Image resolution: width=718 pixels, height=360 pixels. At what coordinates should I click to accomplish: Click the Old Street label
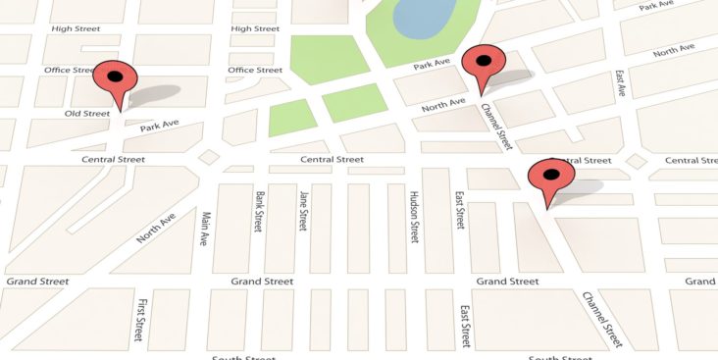(87, 114)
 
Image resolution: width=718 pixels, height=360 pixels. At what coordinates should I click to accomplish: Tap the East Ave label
(620, 83)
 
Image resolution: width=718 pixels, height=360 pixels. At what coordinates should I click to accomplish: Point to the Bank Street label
(259, 211)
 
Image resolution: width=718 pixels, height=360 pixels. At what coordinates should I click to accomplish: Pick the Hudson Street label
(414, 216)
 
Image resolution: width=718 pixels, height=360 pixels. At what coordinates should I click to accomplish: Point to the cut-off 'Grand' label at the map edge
(700, 282)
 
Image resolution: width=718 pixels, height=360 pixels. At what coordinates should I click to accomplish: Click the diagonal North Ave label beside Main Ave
(156, 230)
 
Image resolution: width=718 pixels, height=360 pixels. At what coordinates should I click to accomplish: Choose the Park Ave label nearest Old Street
(159, 126)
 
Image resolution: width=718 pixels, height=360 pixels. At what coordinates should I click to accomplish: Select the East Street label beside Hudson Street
(459, 211)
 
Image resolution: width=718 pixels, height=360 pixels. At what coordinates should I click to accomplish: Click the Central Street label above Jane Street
(332, 159)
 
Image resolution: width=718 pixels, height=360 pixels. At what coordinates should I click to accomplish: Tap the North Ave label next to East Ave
(674, 50)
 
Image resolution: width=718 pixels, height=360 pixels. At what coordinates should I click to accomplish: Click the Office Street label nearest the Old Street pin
(69, 71)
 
